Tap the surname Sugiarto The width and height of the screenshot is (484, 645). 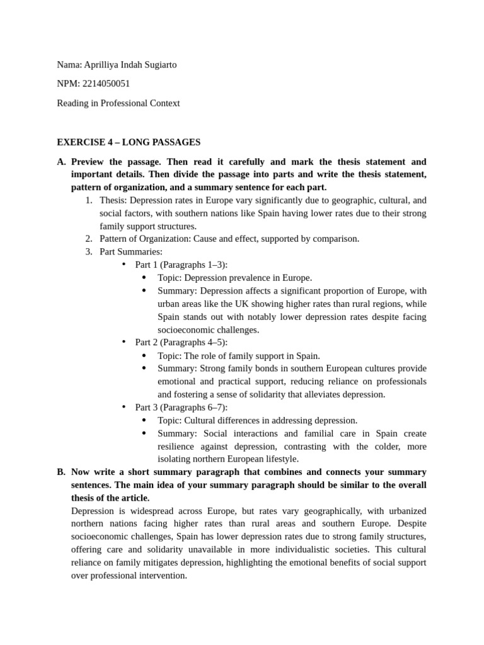tap(160, 65)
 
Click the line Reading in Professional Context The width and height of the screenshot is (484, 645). tap(118, 103)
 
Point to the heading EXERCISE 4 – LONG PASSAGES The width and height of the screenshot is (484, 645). tap(129, 142)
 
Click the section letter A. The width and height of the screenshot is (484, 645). tap(60, 162)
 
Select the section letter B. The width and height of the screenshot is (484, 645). tap(60, 472)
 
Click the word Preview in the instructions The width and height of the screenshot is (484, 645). tap(89, 162)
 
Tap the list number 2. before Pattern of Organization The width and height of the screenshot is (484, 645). tap(89, 239)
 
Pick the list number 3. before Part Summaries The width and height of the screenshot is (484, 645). tap(89, 252)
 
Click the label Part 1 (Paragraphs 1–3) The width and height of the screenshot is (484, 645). tap(181, 265)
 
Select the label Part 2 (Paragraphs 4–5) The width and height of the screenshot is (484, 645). tap(181, 342)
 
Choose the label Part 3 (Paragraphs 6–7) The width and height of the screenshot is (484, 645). tap(181, 407)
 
